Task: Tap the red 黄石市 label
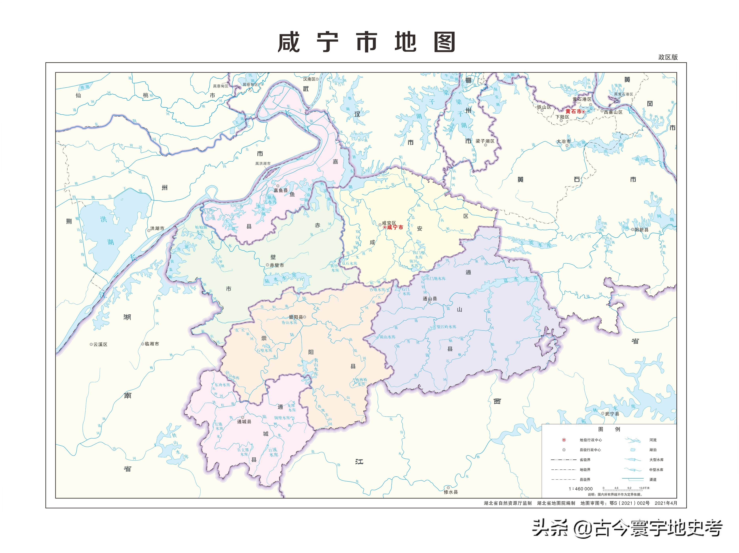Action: click(573, 112)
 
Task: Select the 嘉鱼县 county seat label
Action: click(281, 190)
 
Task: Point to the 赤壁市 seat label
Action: click(277, 265)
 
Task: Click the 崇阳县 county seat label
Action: click(296, 317)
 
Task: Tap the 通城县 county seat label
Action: click(244, 422)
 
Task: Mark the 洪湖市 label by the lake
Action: click(157, 229)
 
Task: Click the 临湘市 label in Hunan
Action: click(152, 344)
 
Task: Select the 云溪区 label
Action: click(100, 344)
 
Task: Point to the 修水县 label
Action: click(451, 492)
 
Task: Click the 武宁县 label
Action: click(612, 414)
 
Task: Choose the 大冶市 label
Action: click(563, 141)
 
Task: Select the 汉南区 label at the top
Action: click(309, 79)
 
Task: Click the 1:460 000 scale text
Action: click(581, 488)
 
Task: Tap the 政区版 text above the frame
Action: click(668, 57)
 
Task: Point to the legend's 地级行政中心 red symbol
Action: click(564, 440)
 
